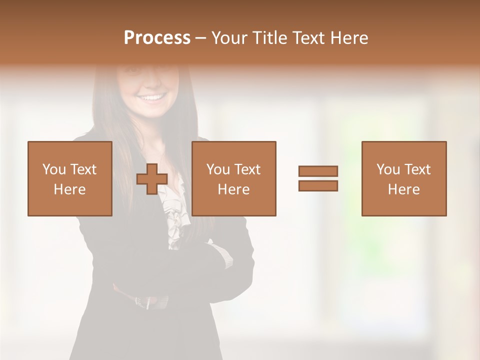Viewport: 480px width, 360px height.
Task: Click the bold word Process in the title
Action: click(157, 38)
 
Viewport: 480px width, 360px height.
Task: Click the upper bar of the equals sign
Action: click(318, 171)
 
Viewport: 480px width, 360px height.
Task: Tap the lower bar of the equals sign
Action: click(318, 186)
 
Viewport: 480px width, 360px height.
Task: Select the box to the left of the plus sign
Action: click(70, 178)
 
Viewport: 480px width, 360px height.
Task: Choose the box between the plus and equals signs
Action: click(234, 178)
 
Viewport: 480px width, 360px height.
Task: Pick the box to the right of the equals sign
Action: click(404, 178)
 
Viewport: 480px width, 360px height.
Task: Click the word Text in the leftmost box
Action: click(83, 169)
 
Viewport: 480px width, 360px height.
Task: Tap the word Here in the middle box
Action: click(234, 189)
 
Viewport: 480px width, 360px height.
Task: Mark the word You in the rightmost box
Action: click(388, 169)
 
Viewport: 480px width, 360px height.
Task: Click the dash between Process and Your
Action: click(201, 38)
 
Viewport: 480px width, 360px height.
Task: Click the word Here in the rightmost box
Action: click(404, 189)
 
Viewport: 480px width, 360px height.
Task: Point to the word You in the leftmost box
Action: click(54, 169)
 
